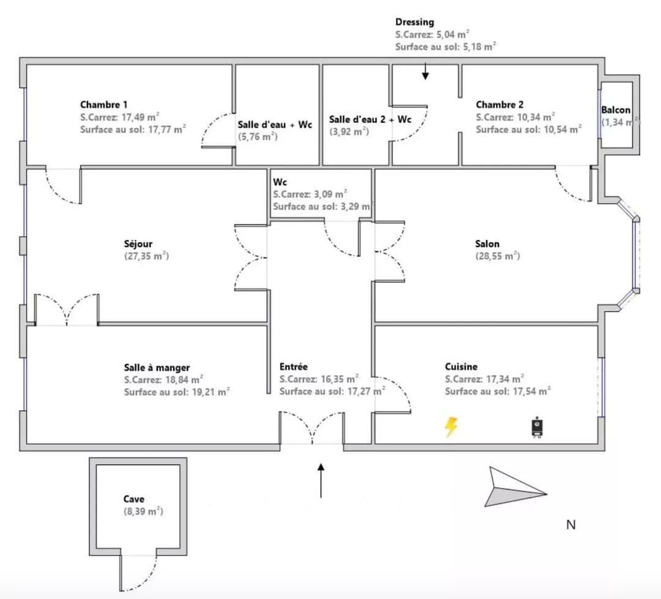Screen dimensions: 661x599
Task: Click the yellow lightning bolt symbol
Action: click(x=451, y=427)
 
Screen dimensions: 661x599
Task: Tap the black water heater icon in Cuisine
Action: click(x=537, y=428)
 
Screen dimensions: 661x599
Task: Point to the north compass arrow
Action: click(x=515, y=487)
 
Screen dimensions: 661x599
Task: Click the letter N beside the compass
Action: click(x=571, y=525)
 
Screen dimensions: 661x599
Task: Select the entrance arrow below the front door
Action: click(x=321, y=480)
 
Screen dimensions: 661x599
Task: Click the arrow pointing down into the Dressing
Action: click(x=425, y=71)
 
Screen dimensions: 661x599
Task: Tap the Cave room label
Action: click(x=133, y=499)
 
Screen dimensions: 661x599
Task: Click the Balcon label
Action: click(x=616, y=110)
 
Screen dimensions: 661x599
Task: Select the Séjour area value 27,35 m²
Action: click(x=147, y=256)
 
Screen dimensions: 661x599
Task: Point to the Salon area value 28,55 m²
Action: click(x=498, y=256)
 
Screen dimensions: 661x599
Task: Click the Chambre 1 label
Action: click(x=103, y=105)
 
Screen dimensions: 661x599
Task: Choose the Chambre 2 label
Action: click(x=499, y=105)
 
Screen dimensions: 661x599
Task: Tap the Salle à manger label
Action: click(x=157, y=368)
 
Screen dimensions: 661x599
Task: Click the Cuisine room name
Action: click(x=461, y=366)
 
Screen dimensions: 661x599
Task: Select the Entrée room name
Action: click(x=293, y=366)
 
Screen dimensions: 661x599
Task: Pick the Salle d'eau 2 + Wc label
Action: click(x=370, y=119)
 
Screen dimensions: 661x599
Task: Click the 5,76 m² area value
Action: click(x=258, y=136)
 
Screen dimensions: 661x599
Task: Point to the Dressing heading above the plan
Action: click(x=415, y=23)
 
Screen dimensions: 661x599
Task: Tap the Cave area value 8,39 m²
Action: click(x=143, y=512)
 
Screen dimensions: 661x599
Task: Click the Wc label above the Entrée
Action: click(x=280, y=182)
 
